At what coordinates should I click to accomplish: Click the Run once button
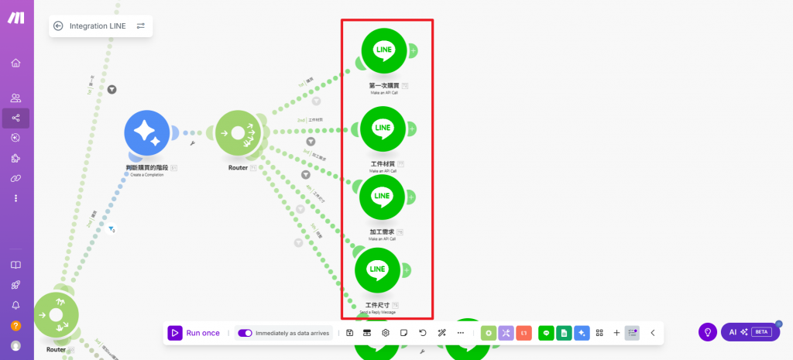coord(195,333)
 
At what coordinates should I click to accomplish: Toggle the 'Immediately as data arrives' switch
coord(245,333)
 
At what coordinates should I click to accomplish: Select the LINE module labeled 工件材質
coord(383,129)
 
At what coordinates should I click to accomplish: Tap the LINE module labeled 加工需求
coord(383,197)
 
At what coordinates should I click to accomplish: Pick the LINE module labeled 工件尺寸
coord(377,269)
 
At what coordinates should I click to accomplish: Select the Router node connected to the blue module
coord(238,133)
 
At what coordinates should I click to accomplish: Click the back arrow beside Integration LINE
coord(58,26)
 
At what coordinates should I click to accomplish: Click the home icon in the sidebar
coord(15,63)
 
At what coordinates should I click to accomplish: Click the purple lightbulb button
coord(707,332)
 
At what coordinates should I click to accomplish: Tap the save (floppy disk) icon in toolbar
coord(350,333)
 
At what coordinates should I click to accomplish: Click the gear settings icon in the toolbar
coord(386,333)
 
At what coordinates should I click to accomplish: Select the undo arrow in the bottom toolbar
coord(423,333)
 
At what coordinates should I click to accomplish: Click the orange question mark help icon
coord(15,325)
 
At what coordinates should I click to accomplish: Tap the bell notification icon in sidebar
coord(15,305)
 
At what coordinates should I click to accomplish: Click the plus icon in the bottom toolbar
coord(616,333)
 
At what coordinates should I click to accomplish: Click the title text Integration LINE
coord(98,26)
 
